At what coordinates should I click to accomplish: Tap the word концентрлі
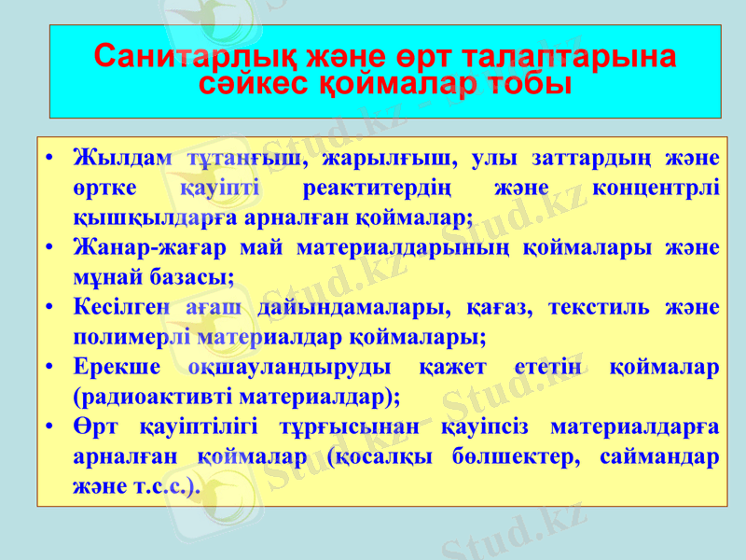coord(655,187)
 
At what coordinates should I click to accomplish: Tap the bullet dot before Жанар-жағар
coord(55,247)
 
